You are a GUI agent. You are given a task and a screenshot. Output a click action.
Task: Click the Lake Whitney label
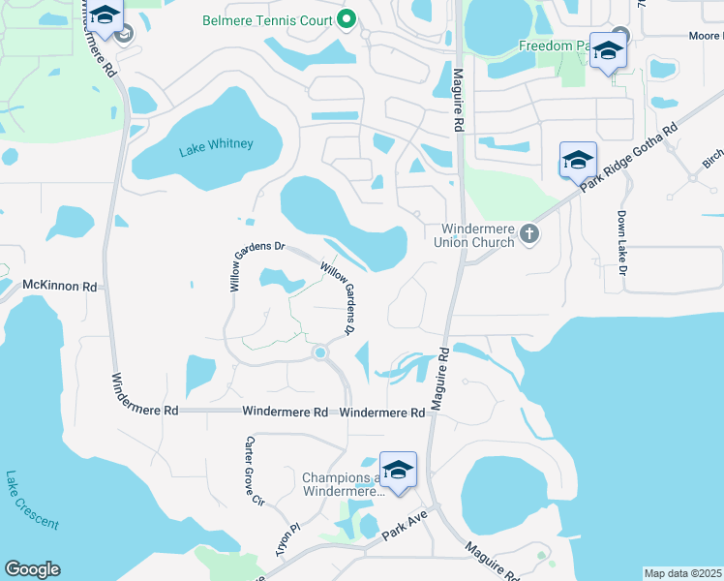click(x=216, y=145)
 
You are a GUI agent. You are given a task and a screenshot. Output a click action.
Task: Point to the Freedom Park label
click(x=553, y=46)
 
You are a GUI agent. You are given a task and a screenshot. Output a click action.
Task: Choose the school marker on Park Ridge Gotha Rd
click(x=578, y=160)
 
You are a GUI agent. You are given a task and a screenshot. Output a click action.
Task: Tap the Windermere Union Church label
click(x=477, y=235)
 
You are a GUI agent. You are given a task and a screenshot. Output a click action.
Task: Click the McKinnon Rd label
click(x=60, y=287)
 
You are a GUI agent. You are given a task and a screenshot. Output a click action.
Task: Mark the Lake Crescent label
click(x=31, y=501)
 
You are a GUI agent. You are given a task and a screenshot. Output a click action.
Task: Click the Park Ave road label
click(x=405, y=529)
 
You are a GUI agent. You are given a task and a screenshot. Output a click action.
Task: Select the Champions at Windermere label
click(x=343, y=485)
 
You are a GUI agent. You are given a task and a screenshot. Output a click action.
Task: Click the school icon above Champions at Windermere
click(x=397, y=470)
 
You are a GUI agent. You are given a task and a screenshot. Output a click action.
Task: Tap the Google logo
click(x=32, y=569)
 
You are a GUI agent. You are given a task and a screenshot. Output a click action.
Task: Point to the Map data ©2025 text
click(x=682, y=573)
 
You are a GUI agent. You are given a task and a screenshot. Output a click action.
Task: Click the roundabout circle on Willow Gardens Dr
click(x=319, y=353)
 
